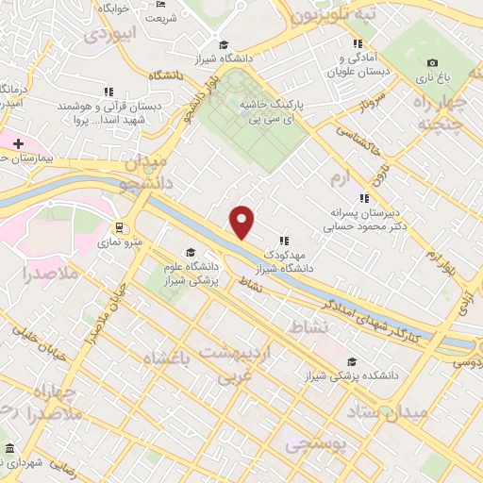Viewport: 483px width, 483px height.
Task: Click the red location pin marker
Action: click(x=242, y=222)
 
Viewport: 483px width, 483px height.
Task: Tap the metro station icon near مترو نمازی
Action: click(x=120, y=227)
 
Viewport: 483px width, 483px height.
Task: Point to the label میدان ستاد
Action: click(x=420, y=411)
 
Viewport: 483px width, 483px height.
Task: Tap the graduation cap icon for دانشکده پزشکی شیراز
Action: click(x=352, y=361)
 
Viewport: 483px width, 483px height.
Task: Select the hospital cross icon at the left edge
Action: click(x=17, y=142)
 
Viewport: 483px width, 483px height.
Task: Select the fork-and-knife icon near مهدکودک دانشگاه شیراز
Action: click(x=283, y=241)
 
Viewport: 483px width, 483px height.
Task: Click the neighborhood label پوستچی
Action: click(x=315, y=441)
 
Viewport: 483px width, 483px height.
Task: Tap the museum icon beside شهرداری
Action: click(x=8, y=448)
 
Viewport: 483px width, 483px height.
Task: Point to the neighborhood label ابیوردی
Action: click(x=112, y=33)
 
